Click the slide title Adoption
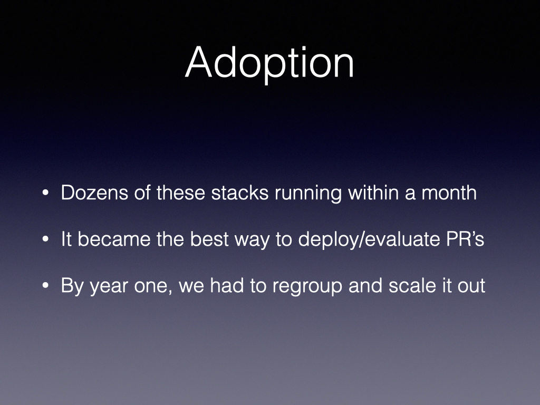269,64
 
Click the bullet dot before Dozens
45,193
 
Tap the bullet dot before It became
45,239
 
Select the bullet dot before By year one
45,285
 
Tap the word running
308,194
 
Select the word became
114,239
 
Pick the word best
209,239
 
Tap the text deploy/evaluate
369,240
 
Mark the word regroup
307,287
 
